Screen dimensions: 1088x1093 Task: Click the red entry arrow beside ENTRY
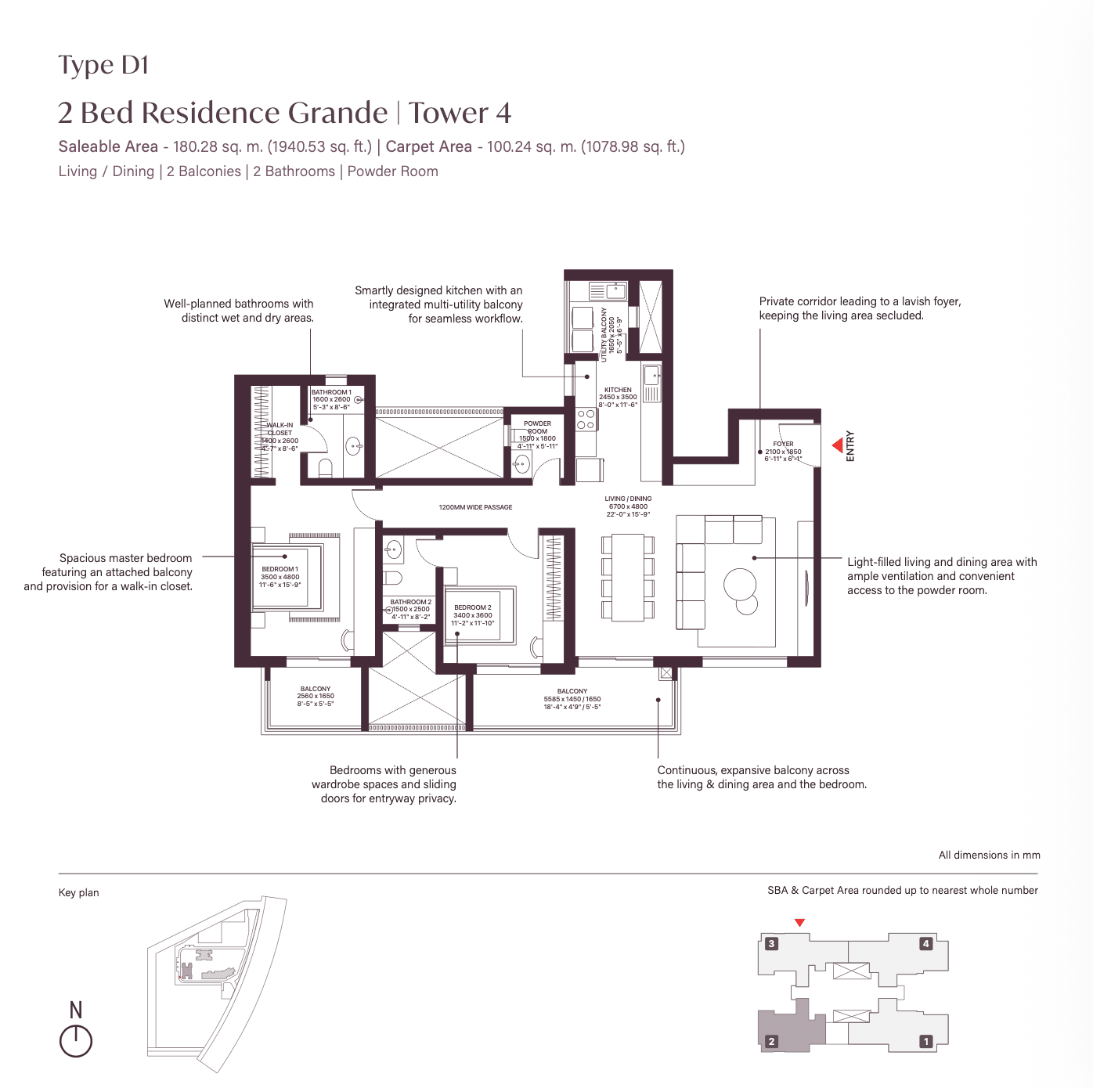click(x=838, y=445)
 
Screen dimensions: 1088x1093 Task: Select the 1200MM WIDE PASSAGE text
click(x=475, y=507)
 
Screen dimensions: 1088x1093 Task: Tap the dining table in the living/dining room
click(x=627, y=577)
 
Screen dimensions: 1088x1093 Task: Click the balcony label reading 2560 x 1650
click(x=316, y=696)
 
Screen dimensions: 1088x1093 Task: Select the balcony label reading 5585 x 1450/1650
click(x=572, y=699)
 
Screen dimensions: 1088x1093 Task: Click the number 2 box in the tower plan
click(x=771, y=1041)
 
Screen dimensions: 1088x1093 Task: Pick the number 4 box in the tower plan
click(x=925, y=943)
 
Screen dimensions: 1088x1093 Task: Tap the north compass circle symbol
click(x=76, y=1041)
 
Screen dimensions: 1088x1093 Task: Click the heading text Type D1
click(x=103, y=65)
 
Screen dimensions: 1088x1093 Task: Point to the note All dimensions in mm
click(x=989, y=855)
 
